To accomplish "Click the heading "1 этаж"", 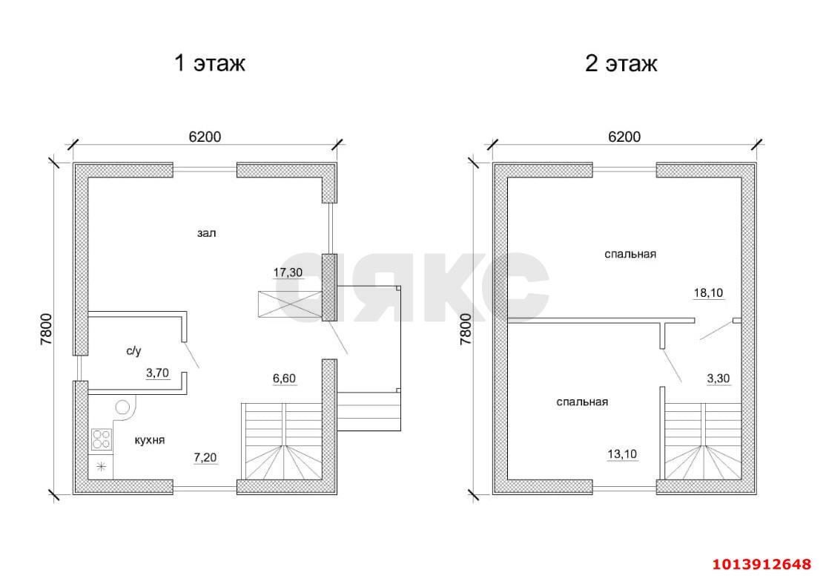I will click(x=209, y=64).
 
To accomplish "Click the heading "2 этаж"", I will click(x=621, y=64).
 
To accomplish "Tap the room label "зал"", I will click(x=206, y=233).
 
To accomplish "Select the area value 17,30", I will click(x=288, y=272).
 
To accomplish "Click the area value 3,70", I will click(x=157, y=373).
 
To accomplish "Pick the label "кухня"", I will click(x=149, y=440).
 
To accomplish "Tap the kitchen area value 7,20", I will click(x=206, y=457).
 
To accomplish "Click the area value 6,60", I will click(x=284, y=379).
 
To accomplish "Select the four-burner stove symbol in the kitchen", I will click(x=102, y=440).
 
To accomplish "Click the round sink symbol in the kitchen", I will click(x=123, y=407).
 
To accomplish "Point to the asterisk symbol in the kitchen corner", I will click(x=101, y=467).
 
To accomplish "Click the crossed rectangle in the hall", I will click(x=289, y=305).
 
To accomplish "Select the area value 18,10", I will click(x=707, y=292).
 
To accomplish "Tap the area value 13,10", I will click(x=622, y=454).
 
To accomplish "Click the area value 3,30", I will click(x=718, y=378).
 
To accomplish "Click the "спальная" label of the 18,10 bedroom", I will click(x=630, y=255).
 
